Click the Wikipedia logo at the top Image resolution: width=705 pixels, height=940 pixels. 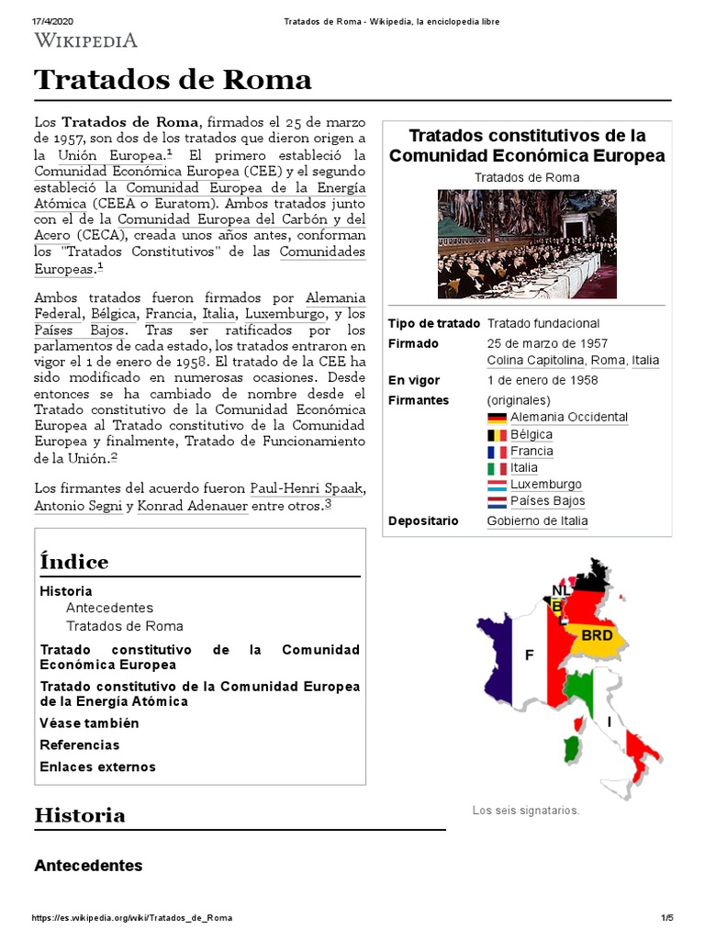pos(85,39)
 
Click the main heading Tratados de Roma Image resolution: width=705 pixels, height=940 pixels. pos(173,80)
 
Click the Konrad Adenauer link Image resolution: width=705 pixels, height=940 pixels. pos(192,506)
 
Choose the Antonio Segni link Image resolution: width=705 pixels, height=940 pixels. pos(78,506)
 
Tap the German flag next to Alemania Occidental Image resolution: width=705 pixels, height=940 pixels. pos(497,418)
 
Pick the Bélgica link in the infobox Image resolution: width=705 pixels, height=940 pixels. pos(532,434)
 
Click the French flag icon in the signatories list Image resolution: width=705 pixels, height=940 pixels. pos(497,452)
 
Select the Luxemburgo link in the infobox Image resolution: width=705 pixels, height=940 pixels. pos(546,485)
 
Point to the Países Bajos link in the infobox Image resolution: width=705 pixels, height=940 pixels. pos(547,501)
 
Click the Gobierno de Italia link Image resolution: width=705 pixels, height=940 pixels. pos(537,521)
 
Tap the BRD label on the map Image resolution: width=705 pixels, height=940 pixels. pos(597,635)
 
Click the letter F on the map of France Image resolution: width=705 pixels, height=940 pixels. pos(529,655)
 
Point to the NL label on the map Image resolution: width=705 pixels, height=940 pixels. pos(561,589)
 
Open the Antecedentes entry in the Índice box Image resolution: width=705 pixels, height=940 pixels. pos(109,608)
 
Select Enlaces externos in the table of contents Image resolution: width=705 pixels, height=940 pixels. pos(97,767)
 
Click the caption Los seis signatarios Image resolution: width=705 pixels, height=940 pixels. pos(525,811)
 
